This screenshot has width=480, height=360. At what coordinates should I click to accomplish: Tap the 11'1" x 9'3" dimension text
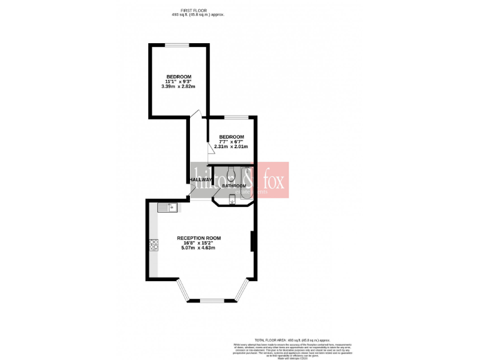click(178, 81)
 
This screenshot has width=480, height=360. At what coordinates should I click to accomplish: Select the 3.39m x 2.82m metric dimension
click(178, 86)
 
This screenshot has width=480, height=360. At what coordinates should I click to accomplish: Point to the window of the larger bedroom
click(177, 44)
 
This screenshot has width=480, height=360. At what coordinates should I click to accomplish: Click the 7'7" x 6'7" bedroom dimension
click(231, 142)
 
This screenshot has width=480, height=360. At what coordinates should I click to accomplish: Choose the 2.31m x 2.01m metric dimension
click(231, 147)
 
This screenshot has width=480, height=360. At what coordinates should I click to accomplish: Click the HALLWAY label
click(201, 180)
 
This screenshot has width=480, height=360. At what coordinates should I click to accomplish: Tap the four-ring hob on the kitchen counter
click(153, 246)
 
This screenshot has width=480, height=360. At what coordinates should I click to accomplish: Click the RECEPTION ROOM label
click(198, 238)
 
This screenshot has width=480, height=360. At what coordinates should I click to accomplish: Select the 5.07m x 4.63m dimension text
click(198, 248)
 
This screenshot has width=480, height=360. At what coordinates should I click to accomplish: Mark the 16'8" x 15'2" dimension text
click(198, 243)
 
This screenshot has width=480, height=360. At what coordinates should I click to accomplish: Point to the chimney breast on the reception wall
click(252, 241)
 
